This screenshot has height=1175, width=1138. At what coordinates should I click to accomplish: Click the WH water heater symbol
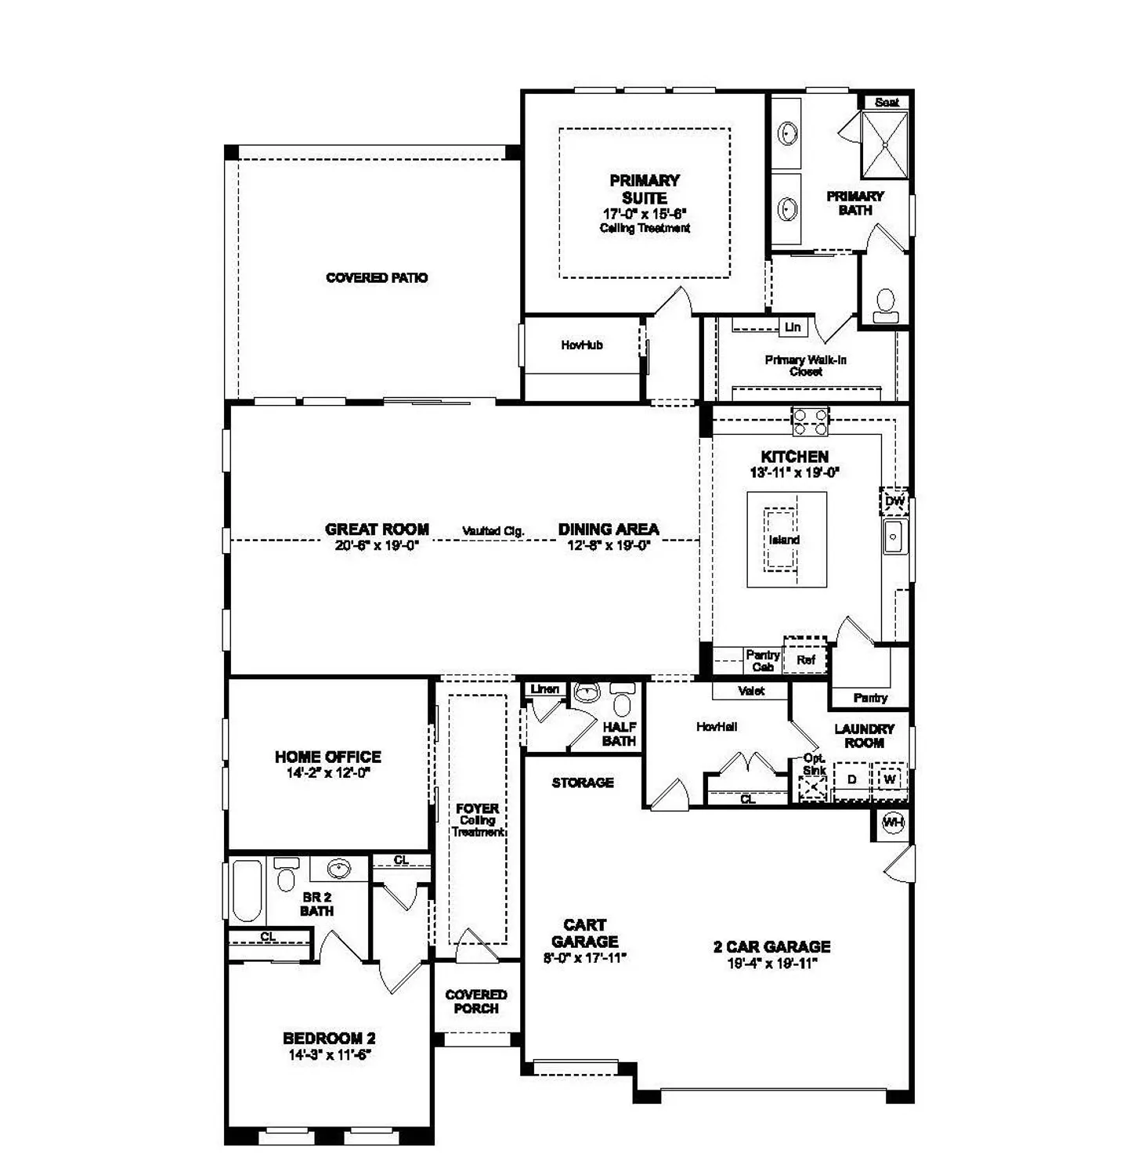pyautogui.click(x=893, y=822)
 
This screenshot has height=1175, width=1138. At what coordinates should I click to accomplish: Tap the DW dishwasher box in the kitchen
pyautogui.click(x=894, y=501)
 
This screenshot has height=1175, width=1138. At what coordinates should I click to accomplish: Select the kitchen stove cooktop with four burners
pyautogui.click(x=810, y=421)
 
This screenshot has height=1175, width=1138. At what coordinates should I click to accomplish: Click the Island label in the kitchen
pyautogui.click(x=784, y=540)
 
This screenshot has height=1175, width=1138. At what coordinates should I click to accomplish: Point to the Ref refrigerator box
pyautogui.click(x=806, y=660)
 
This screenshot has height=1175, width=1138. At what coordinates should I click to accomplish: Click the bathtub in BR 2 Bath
pyautogui.click(x=247, y=891)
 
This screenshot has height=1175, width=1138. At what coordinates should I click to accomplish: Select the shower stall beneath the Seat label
pyautogui.click(x=885, y=145)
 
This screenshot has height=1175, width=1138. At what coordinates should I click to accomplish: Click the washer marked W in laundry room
pyautogui.click(x=890, y=779)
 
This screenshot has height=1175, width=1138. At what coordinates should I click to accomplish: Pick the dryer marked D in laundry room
pyautogui.click(x=851, y=779)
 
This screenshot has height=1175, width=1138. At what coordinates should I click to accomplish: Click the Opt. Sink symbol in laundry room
pyautogui.click(x=814, y=787)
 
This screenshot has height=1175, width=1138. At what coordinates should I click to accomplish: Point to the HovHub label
pyautogui.click(x=582, y=345)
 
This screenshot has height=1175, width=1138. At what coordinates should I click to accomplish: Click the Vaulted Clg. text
pyautogui.click(x=493, y=531)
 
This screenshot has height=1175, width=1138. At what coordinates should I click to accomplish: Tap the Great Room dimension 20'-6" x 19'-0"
pyautogui.click(x=378, y=546)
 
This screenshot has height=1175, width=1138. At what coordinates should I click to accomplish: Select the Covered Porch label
pyautogui.click(x=476, y=1002)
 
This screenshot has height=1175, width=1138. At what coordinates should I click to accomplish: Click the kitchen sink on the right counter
pyautogui.click(x=894, y=537)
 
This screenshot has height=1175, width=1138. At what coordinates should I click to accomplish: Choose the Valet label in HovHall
pyautogui.click(x=751, y=691)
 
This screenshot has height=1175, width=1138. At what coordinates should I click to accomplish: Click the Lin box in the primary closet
pyautogui.click(x=793, y=327)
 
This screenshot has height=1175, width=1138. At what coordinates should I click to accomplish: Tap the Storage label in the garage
pyautogui.click(x=583, y=783)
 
